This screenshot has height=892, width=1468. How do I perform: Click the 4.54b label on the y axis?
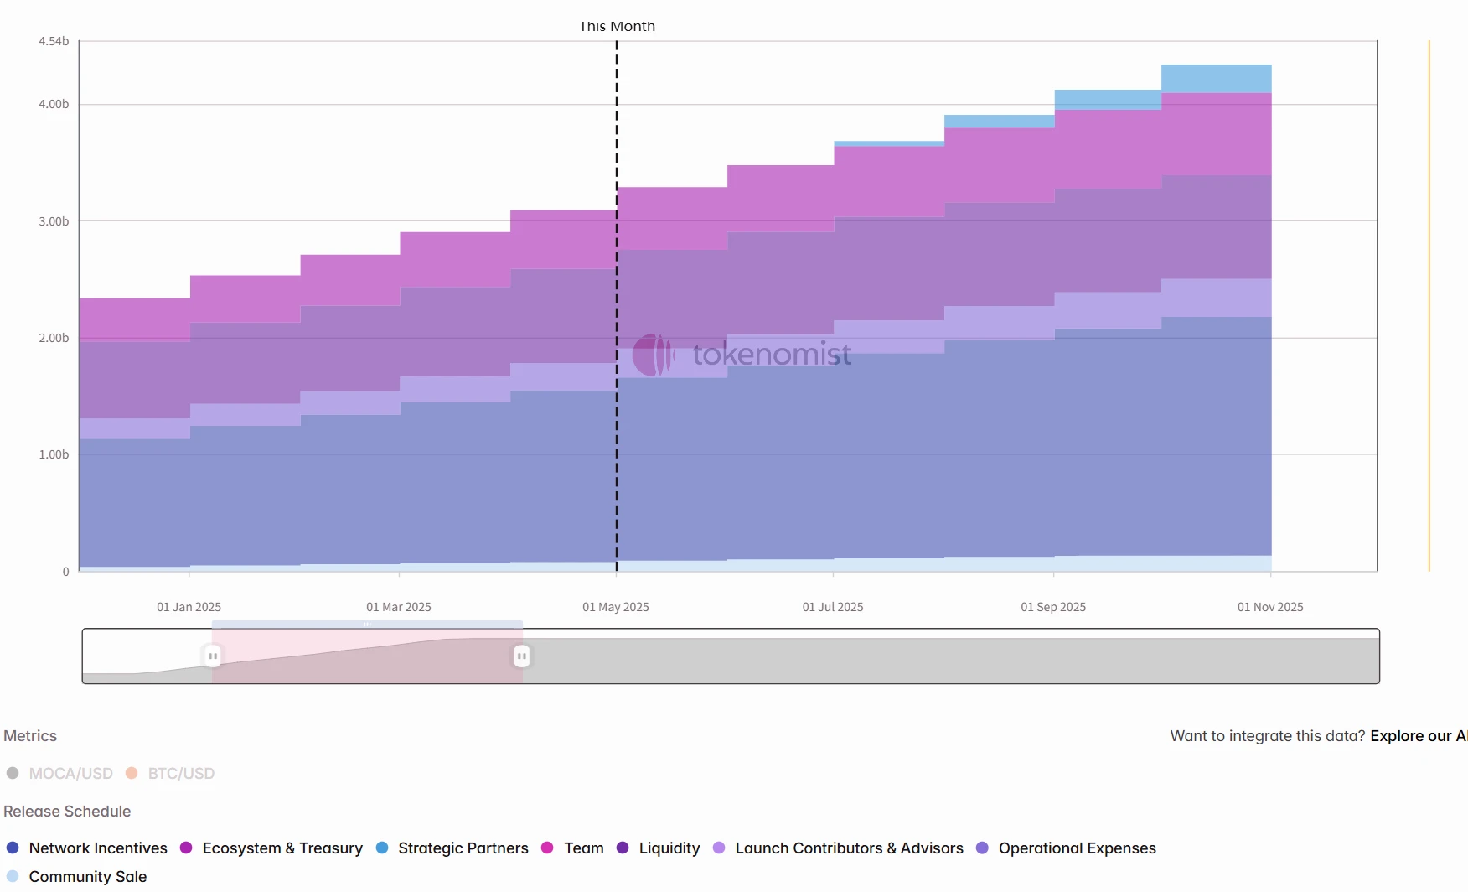[x=54, y=41]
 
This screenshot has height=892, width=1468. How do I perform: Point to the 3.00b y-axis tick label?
[x=54, y=221]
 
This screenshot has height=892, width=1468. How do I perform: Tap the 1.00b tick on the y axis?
[x=54, y=454]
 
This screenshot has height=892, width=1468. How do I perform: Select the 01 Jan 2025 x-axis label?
[x=189, y=607]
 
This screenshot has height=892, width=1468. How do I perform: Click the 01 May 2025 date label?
[x=615, y=607]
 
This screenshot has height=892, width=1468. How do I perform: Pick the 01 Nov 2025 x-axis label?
[x=1270, y=607]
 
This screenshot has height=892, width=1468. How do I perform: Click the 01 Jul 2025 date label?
[x=832, y=607]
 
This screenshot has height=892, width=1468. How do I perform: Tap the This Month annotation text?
[x=618, y=27]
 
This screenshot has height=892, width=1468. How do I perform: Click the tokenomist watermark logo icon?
[x=653, y=355]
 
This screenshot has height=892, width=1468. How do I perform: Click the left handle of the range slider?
[x=213, y=656]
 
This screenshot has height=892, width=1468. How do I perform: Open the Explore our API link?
[x=1418, y=736]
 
